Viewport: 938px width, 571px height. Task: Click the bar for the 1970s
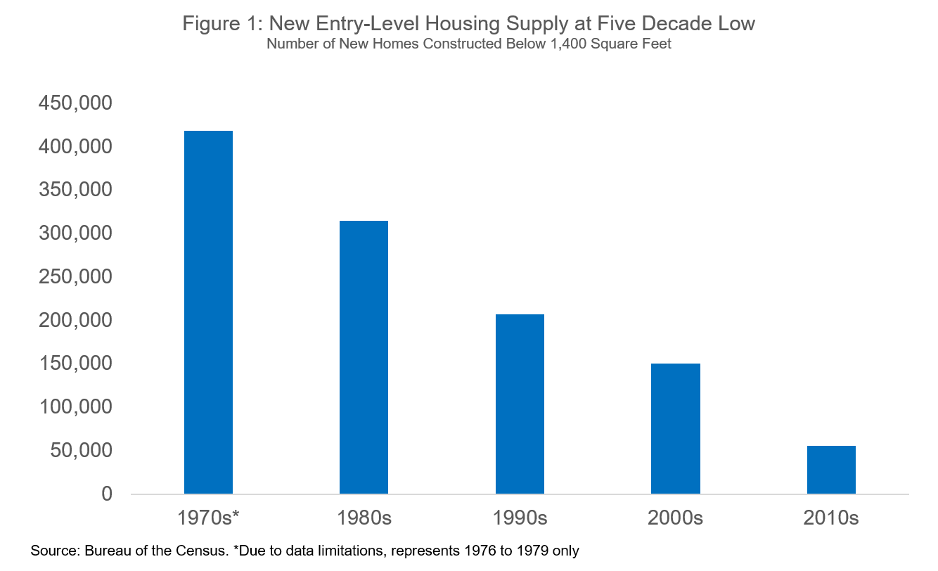(208, 312)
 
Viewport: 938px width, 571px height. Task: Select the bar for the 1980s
(364, 357)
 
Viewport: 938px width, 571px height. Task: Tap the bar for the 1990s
(520, 404)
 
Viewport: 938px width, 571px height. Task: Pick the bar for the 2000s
(675, 428)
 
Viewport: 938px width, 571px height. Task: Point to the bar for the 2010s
(831, 470)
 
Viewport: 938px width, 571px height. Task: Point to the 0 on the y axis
(106, 494)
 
